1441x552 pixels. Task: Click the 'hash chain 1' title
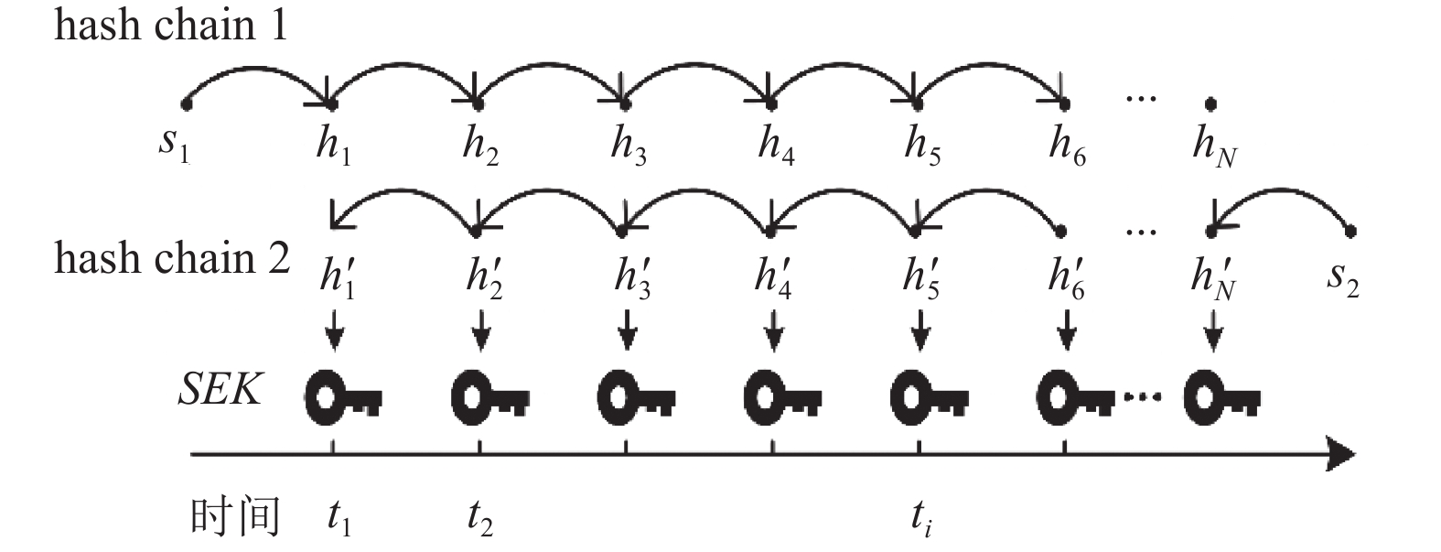pos(170,26)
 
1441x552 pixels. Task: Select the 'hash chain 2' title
pos(172,259)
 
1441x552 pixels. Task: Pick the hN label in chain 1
pos(1214,146)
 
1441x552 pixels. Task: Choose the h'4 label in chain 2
pos(773,278)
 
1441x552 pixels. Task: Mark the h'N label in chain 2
pos(1213,279)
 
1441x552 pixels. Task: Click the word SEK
pos(220,389)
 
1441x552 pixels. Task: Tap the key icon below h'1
pos(343,397)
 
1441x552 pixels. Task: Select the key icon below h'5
pos(929,397)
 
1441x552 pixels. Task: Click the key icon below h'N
pos(1221,397)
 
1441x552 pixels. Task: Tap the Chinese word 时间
pos(235,516)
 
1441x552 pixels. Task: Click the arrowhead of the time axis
pos(1340,455)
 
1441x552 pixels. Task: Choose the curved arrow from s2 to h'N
pos(1280,189)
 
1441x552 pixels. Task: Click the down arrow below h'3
pos(628,330)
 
